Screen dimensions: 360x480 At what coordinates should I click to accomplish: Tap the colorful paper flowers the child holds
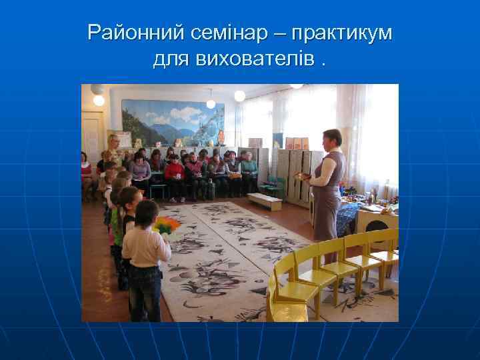[167, 225]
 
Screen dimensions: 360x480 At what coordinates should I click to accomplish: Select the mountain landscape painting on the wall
[163, 123]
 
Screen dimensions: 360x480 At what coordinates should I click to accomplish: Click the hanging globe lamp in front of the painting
[211, 103]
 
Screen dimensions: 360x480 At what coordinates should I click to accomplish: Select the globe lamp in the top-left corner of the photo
[99, 100]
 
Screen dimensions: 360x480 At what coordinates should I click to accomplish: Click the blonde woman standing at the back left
[113, 150]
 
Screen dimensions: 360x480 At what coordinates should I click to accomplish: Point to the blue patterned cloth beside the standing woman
[348, 217]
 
